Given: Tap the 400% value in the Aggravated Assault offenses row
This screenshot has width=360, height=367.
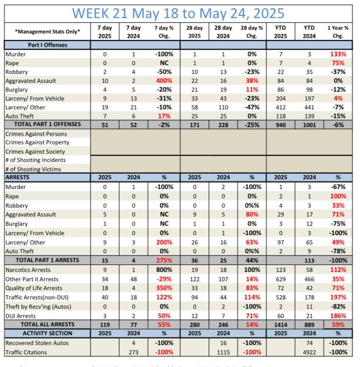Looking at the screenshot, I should (164, 81).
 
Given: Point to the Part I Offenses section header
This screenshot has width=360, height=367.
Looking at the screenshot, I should (36, 45).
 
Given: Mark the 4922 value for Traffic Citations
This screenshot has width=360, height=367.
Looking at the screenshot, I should (308, 352).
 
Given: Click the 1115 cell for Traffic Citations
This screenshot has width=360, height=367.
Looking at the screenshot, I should (223, 352).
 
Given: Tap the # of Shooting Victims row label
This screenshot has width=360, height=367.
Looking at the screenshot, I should (34, 170).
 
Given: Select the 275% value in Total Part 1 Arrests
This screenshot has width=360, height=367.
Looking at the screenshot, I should (164, 259).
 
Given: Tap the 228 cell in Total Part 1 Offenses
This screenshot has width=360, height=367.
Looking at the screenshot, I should (223, 124).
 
